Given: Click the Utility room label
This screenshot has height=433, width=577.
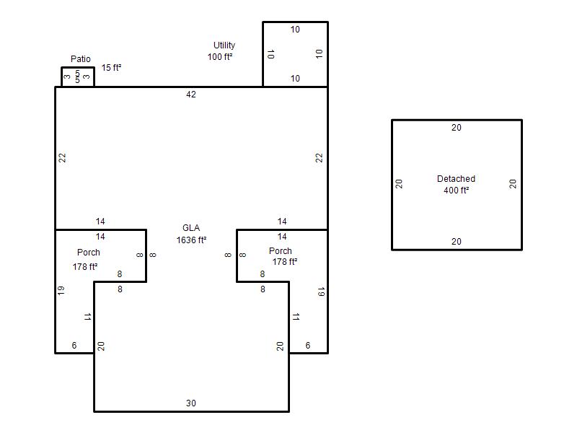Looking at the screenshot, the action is tap(224, 45).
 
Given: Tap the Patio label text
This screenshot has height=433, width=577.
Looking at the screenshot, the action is tap(81, 59).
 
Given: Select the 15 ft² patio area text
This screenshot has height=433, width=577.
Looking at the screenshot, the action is tap(112, 68).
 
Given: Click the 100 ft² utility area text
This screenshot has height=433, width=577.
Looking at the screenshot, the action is tap(220, 57).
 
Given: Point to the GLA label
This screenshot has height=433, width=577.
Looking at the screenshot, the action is tap(191, 228).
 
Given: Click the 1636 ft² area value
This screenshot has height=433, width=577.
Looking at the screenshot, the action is tap(191, 240).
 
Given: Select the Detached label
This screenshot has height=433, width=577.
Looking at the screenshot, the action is tap(456, 179).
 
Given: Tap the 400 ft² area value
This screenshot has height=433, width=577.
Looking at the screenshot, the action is tap(457, 191).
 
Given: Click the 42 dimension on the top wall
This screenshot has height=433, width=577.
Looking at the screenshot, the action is tap(191, 95).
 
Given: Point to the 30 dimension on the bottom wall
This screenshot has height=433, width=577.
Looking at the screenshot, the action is tap(191, 403).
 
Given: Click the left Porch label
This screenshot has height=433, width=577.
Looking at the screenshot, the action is tap(89, 253).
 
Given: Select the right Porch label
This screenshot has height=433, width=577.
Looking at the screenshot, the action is tap(281, 251).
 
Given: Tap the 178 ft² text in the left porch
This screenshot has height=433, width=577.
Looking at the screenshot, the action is tap(85, 266).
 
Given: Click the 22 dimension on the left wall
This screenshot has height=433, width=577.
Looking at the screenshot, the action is tap(63, 158).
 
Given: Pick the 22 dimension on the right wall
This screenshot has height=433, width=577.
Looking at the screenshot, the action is tap(319, 158).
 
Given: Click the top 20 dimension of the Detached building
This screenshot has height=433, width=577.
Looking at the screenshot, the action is tap(457, 128).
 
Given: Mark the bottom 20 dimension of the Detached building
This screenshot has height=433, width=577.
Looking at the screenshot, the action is tap(457, 242).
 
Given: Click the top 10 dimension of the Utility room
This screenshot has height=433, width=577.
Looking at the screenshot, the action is tap(295, 30).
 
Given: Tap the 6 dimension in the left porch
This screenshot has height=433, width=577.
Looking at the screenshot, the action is tap(74, 346).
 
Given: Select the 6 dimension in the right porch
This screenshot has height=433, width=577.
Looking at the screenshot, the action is tap(308, 346).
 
